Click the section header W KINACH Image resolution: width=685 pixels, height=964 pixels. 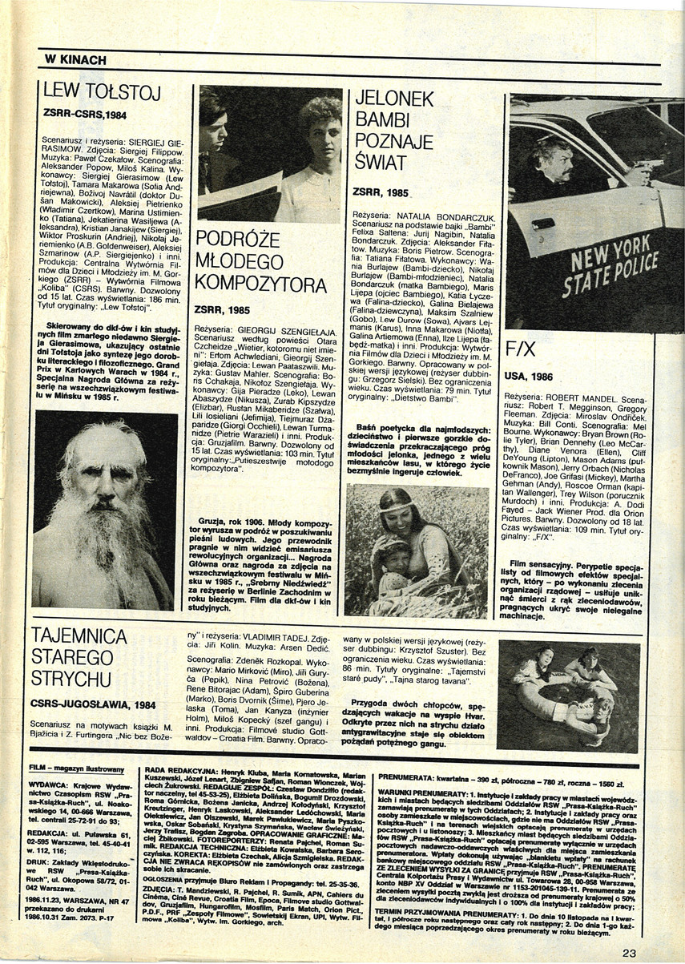[x=76, y=58]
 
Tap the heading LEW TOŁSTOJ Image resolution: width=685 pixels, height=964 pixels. [x=102, y=94]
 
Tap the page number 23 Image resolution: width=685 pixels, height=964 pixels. [x=628, y=953]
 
